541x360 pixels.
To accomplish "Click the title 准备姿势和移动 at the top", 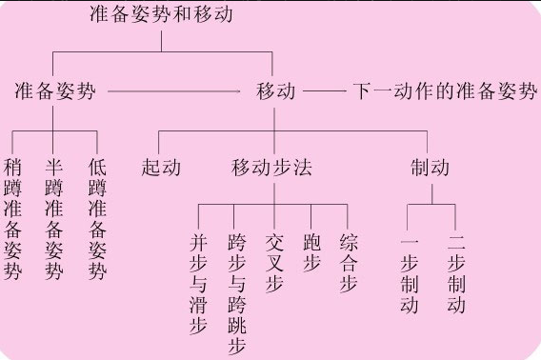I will [160, 14].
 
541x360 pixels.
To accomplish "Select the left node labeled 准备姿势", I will [54, 92].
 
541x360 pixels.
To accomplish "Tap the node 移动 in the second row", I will [275, 92].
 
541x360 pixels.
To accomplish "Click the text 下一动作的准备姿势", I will [444, 92].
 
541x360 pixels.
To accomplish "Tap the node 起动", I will [160, 169].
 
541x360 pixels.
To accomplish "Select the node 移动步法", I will [272, 169].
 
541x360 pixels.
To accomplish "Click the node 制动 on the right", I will [430, 169].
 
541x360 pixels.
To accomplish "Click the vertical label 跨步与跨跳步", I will [237, 293].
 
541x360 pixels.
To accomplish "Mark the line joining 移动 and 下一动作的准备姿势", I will [324, 92].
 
